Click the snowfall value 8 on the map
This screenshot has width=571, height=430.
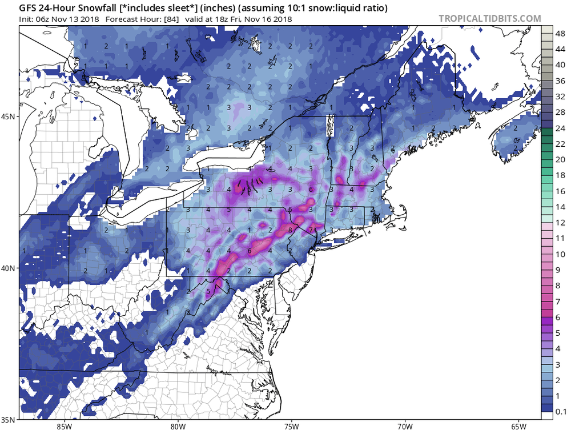(290, 230)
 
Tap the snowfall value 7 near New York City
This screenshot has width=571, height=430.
(311, 230)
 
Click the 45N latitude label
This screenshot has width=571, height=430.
(10, 116)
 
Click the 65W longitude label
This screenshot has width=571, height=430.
(518, 425)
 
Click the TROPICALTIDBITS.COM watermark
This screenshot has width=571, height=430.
(489, 18)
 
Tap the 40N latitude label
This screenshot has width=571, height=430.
(10, 268)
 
